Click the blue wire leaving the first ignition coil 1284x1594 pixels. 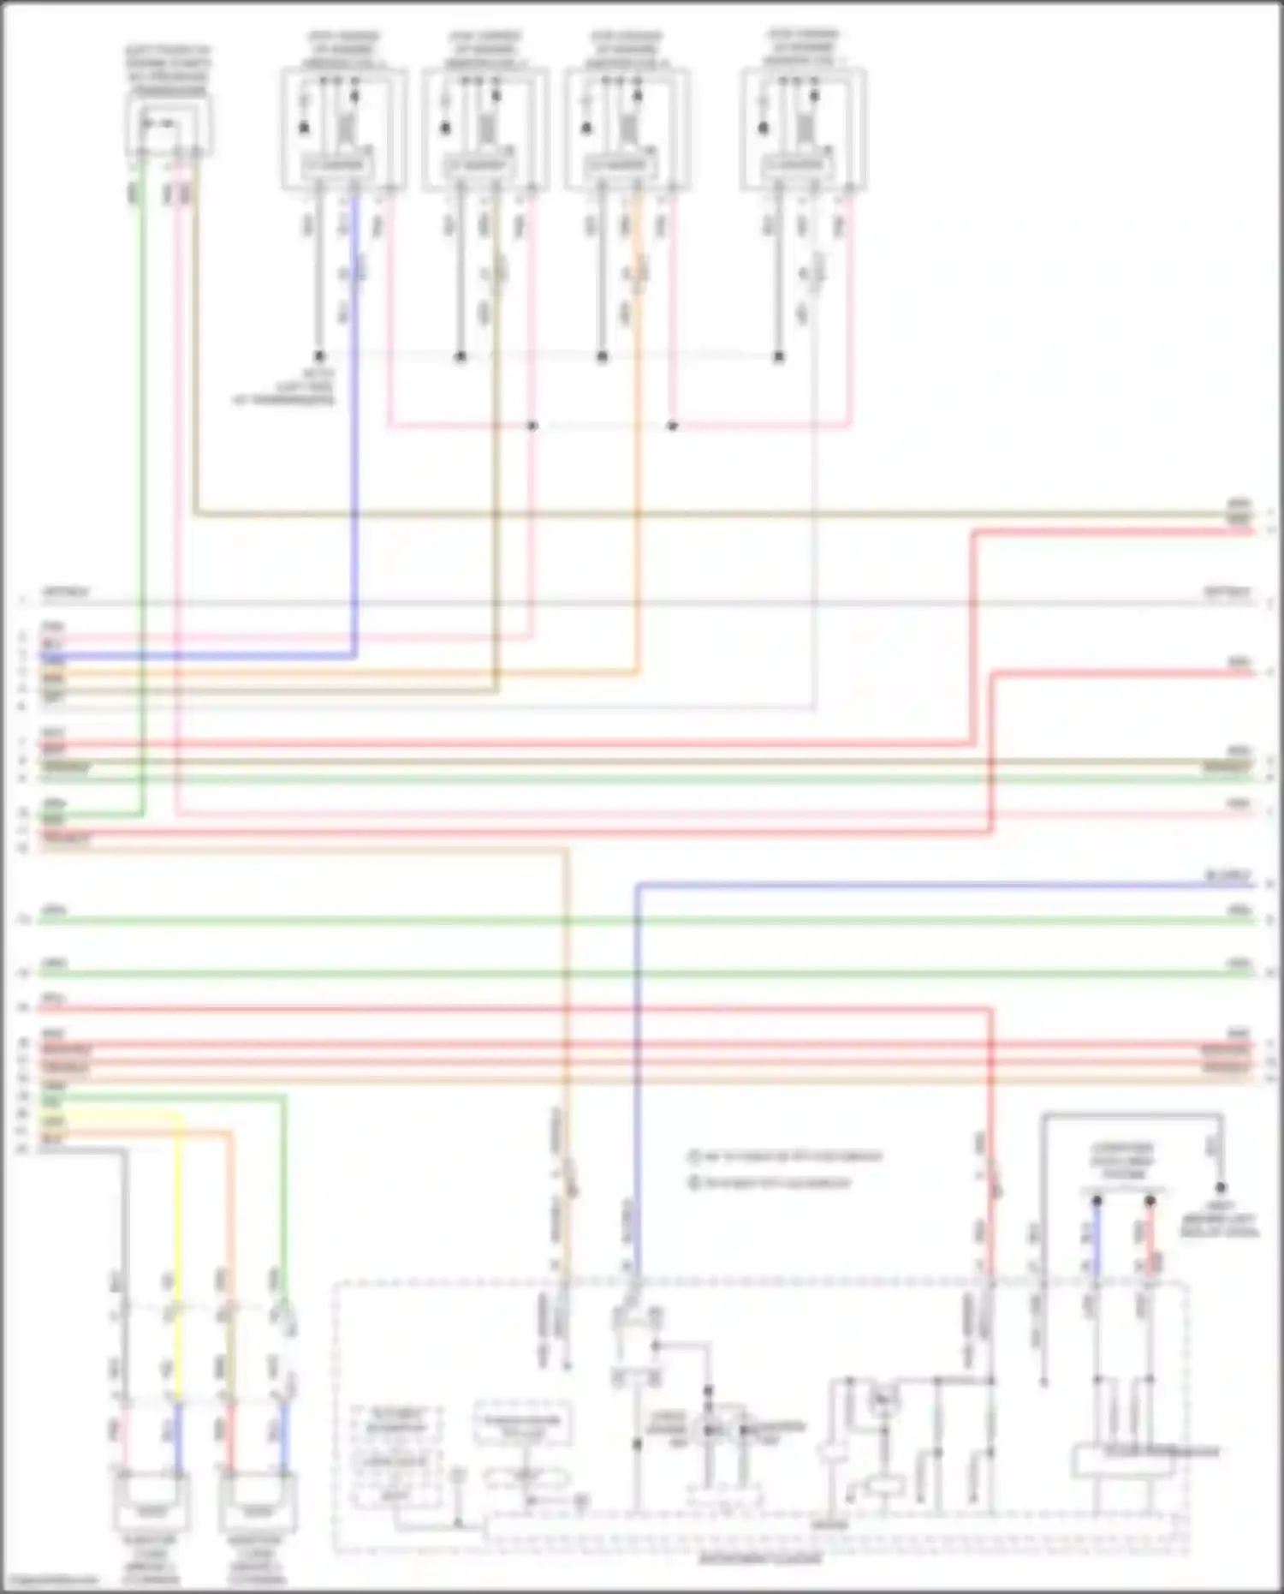pos(355,428)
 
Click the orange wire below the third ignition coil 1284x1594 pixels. pos(638,428)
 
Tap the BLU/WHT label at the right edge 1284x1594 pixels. pos(1228,876)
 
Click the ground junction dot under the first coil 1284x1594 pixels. pos(318,355)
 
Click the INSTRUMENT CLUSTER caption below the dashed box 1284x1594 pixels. pos(760,1559)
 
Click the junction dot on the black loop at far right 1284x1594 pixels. pos(1222,1187)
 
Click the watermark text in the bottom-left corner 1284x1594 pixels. pos(47,1581)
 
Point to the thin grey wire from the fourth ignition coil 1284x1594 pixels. pos(814,514)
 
